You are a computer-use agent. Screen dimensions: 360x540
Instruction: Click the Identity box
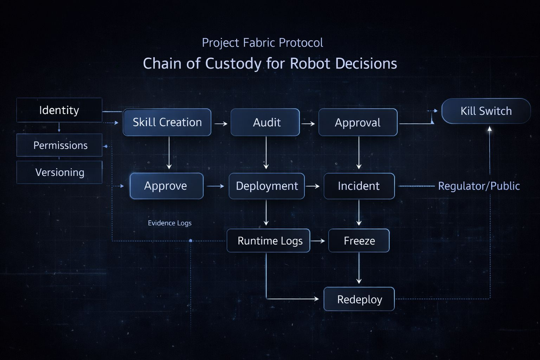[x=59, y=110]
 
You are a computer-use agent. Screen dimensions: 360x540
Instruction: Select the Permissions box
[x=59, y=145]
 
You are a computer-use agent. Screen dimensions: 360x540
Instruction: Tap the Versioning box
[x=59, y=172]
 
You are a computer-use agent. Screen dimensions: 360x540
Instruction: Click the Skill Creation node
[x=167, y=122]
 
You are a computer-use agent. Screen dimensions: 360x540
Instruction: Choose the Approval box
[x=358, y=122]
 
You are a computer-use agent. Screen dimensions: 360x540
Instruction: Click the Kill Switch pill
[x=486, y=111]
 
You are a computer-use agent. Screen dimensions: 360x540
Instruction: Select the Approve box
[x=166, y=186]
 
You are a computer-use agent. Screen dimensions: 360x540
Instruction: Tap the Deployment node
[x=266, y=186]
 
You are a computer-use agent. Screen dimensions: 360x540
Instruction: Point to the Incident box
[x=359, y=186]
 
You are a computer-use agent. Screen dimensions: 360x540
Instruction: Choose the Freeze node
[x=359, y=241]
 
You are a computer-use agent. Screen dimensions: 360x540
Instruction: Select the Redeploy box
[x=359, y=299]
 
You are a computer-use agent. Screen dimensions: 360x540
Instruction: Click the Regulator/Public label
[x=479, y=186]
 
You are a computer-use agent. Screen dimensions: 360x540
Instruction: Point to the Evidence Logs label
[x=169, y=223]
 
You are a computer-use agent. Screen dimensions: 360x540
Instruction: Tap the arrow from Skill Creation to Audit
[x=221, y=124]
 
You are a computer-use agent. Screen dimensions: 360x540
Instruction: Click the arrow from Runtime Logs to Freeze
[x=318, y=241]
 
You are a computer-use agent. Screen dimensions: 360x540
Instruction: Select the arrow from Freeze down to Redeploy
[x=359, y=268]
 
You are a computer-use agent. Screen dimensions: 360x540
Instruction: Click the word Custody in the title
[x=233, y=64]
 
